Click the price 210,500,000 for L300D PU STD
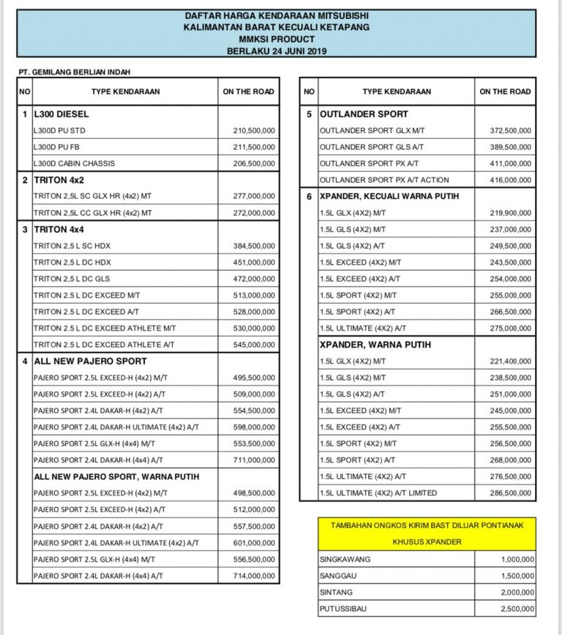click(x=254, y=130)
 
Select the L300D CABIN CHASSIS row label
click(x=74, y=163)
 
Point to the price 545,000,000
click(x=254, y=345)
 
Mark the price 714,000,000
click(x=254, y=576)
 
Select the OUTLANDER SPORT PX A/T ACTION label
click(x=384, y=179)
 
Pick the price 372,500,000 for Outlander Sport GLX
click(x=510, y=130)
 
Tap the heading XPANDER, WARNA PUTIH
click(x=375, y=345)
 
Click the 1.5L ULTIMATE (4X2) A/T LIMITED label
click(x=378, y=493)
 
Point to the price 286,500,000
click(x=510, y=493)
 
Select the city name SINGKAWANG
click(x=345, y=559)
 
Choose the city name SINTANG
click(x=336, y=593)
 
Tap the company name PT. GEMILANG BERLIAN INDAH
click(x=77, y=72)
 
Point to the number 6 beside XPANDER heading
click(x=309, y=196)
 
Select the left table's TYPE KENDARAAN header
click(x=125, y=91)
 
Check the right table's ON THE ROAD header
click(x=505, y=91)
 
